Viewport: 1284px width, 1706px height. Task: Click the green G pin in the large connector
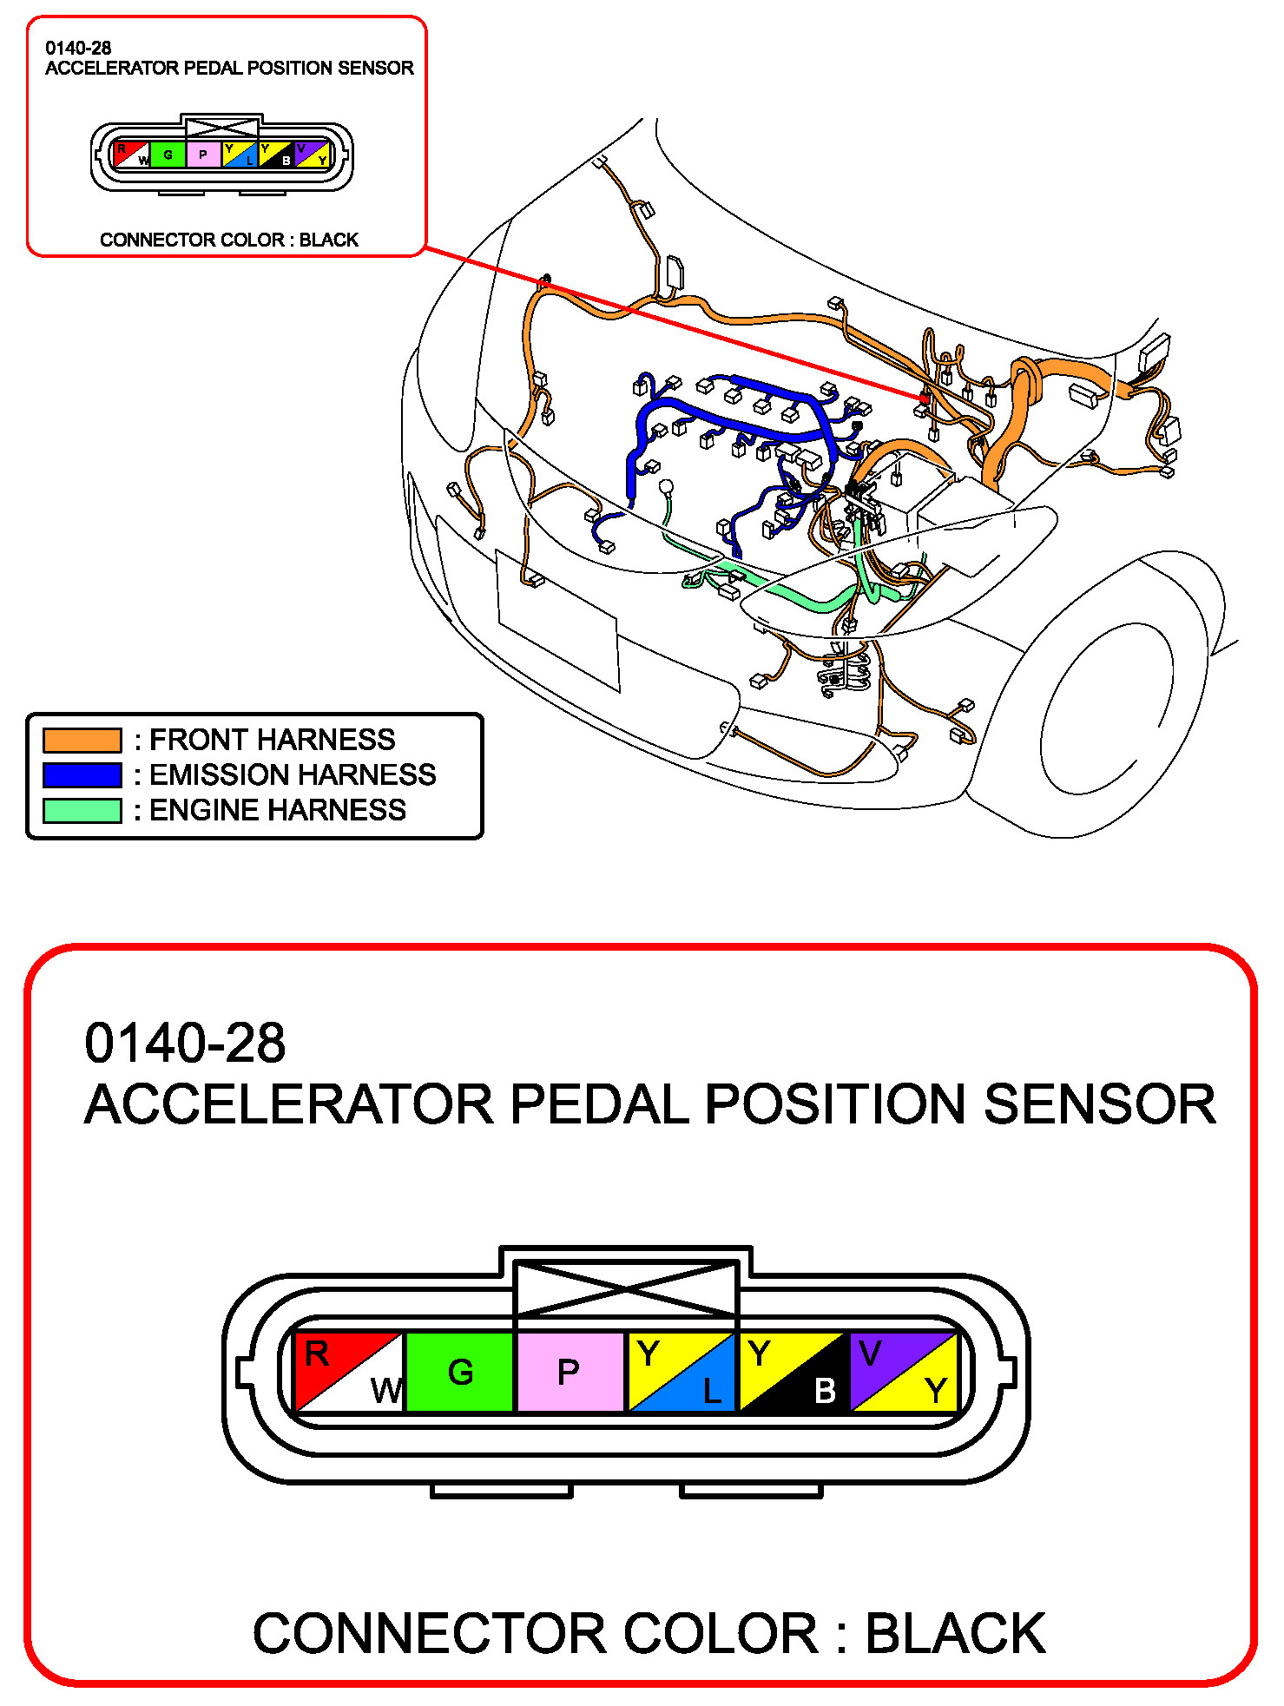pos(459,1373)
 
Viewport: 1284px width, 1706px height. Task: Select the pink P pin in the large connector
pos(570,1373)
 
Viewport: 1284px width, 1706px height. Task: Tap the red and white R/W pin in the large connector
pos(349,1373)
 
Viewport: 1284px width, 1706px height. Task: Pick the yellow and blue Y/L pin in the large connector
pos(681,1373)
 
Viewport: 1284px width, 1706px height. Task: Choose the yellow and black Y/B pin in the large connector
pos(792,1373)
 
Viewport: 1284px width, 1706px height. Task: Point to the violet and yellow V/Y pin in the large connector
pos(903,1373)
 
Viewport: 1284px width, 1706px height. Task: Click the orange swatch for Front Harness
pos(82,740)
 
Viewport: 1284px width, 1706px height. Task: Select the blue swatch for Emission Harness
pos(82,775)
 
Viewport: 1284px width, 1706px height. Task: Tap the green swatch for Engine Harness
pos(82,810)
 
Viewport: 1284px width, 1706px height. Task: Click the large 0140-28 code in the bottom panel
pos(185,1043)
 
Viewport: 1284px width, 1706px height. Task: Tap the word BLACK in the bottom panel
pos(955,1633)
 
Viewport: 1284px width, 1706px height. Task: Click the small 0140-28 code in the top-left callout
pos(78,49)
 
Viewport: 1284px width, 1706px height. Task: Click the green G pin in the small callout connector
pos(168,155)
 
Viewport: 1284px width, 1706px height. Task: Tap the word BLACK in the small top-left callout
pos(329,240)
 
